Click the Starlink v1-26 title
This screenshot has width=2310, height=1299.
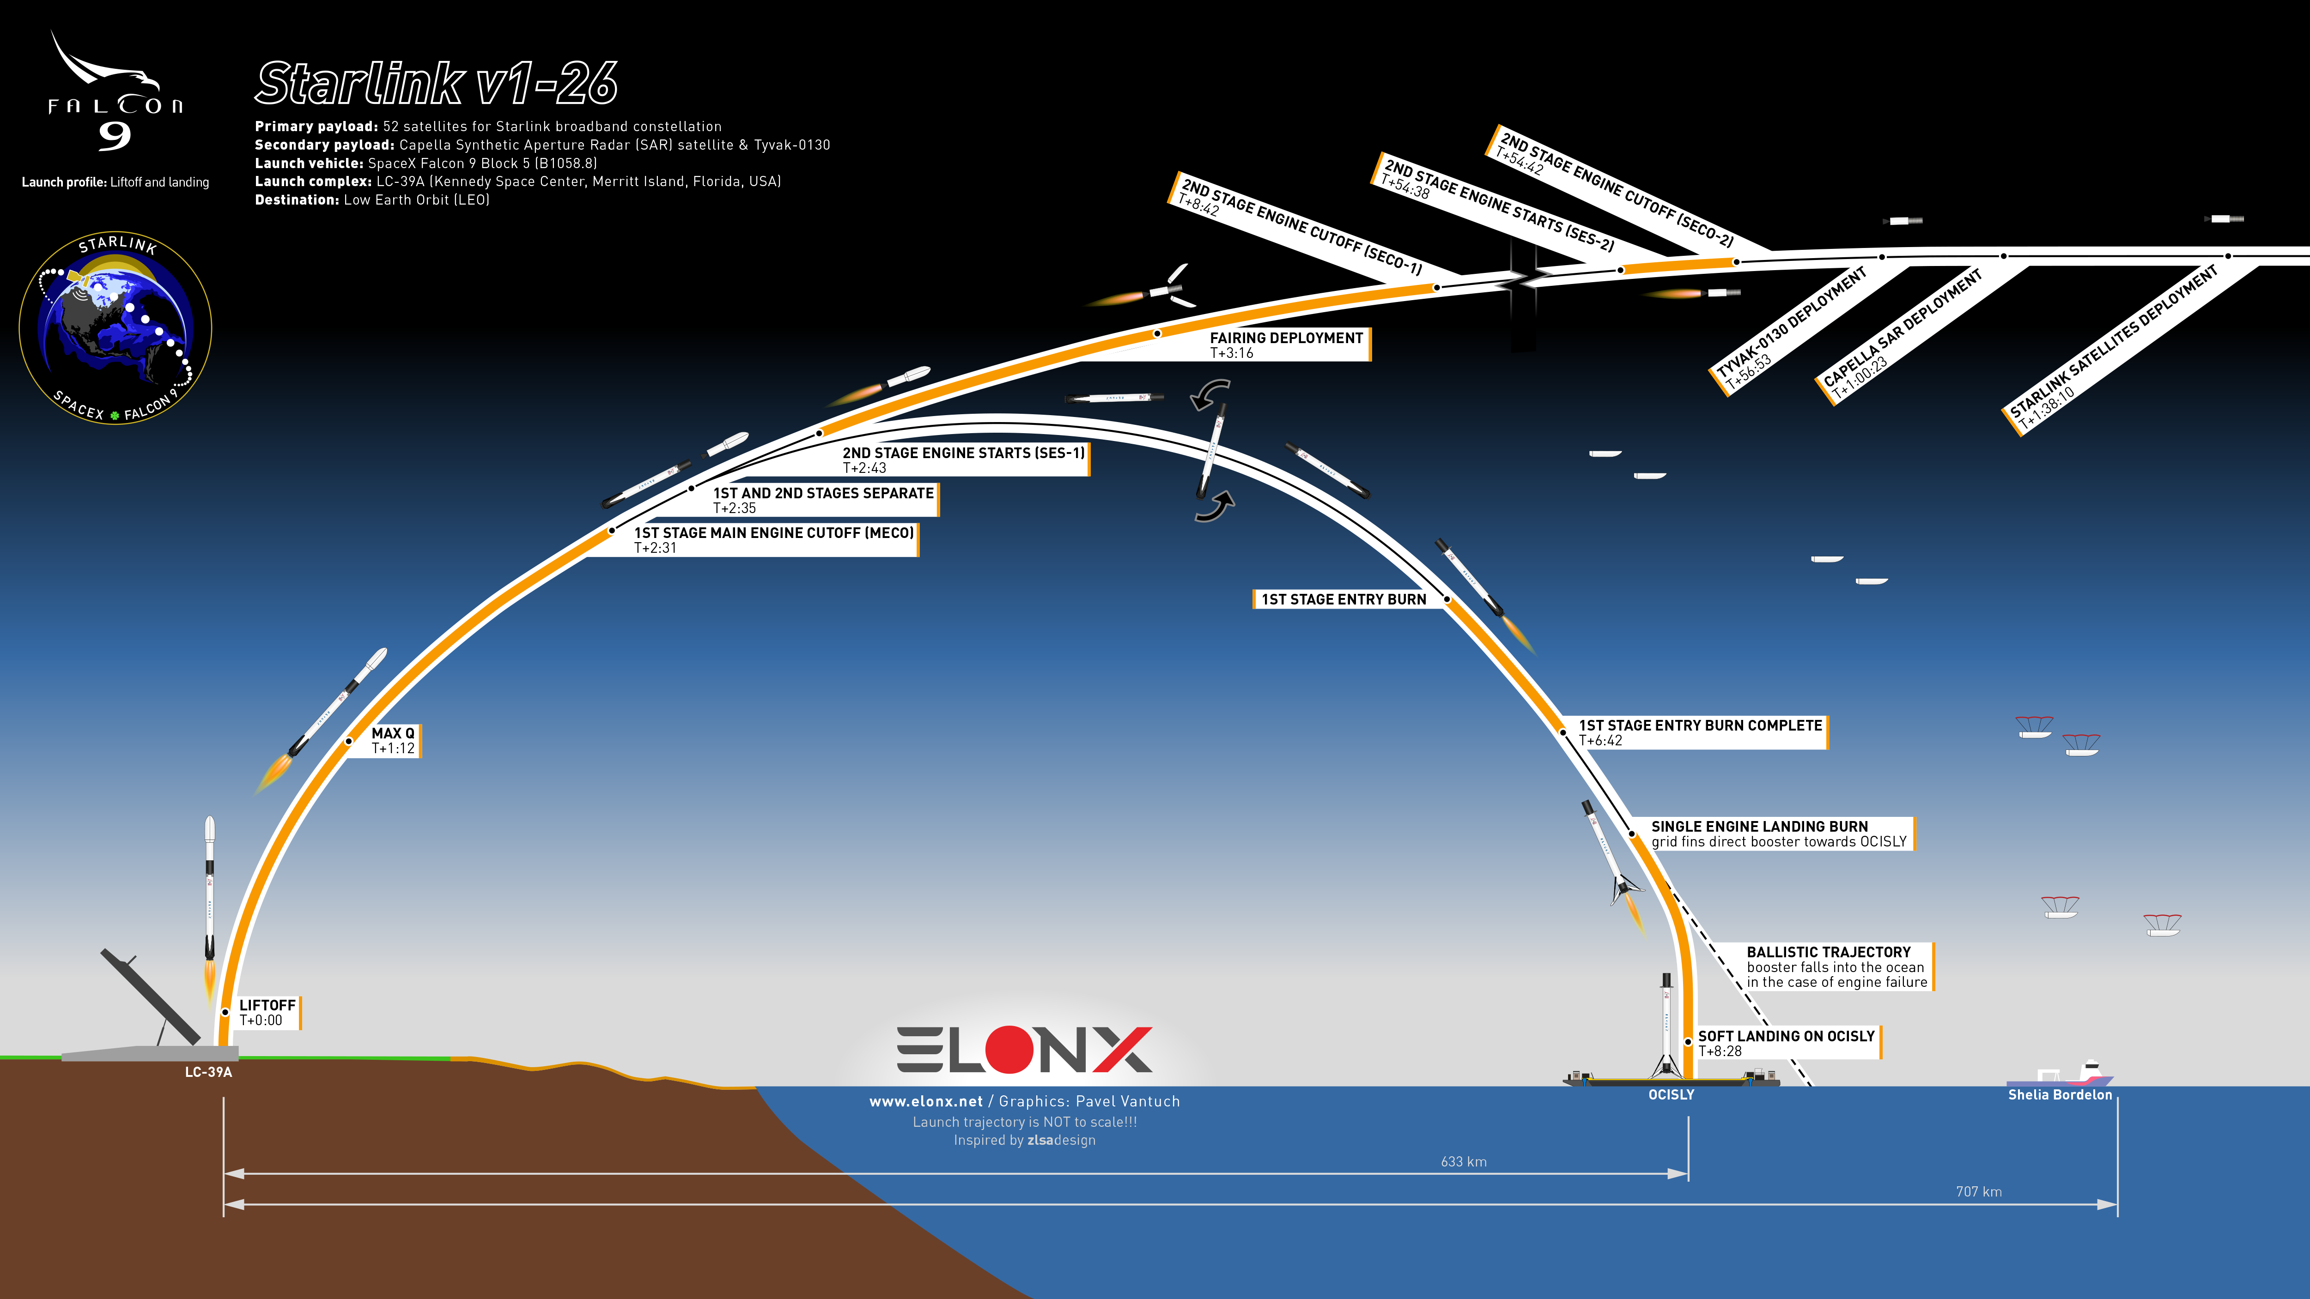(437, 84)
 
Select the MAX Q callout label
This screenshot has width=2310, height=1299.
(394, 741)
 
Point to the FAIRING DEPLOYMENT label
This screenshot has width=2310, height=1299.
(1286, 344)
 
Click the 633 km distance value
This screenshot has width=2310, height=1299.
(1464, 1162)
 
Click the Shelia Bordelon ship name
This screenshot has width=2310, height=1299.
(2060, 1094)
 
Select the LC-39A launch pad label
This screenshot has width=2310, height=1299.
(208, 1072)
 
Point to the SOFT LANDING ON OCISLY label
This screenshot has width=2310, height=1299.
(1786, 1043)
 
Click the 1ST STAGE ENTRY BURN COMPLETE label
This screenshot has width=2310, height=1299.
(1700, 732)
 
